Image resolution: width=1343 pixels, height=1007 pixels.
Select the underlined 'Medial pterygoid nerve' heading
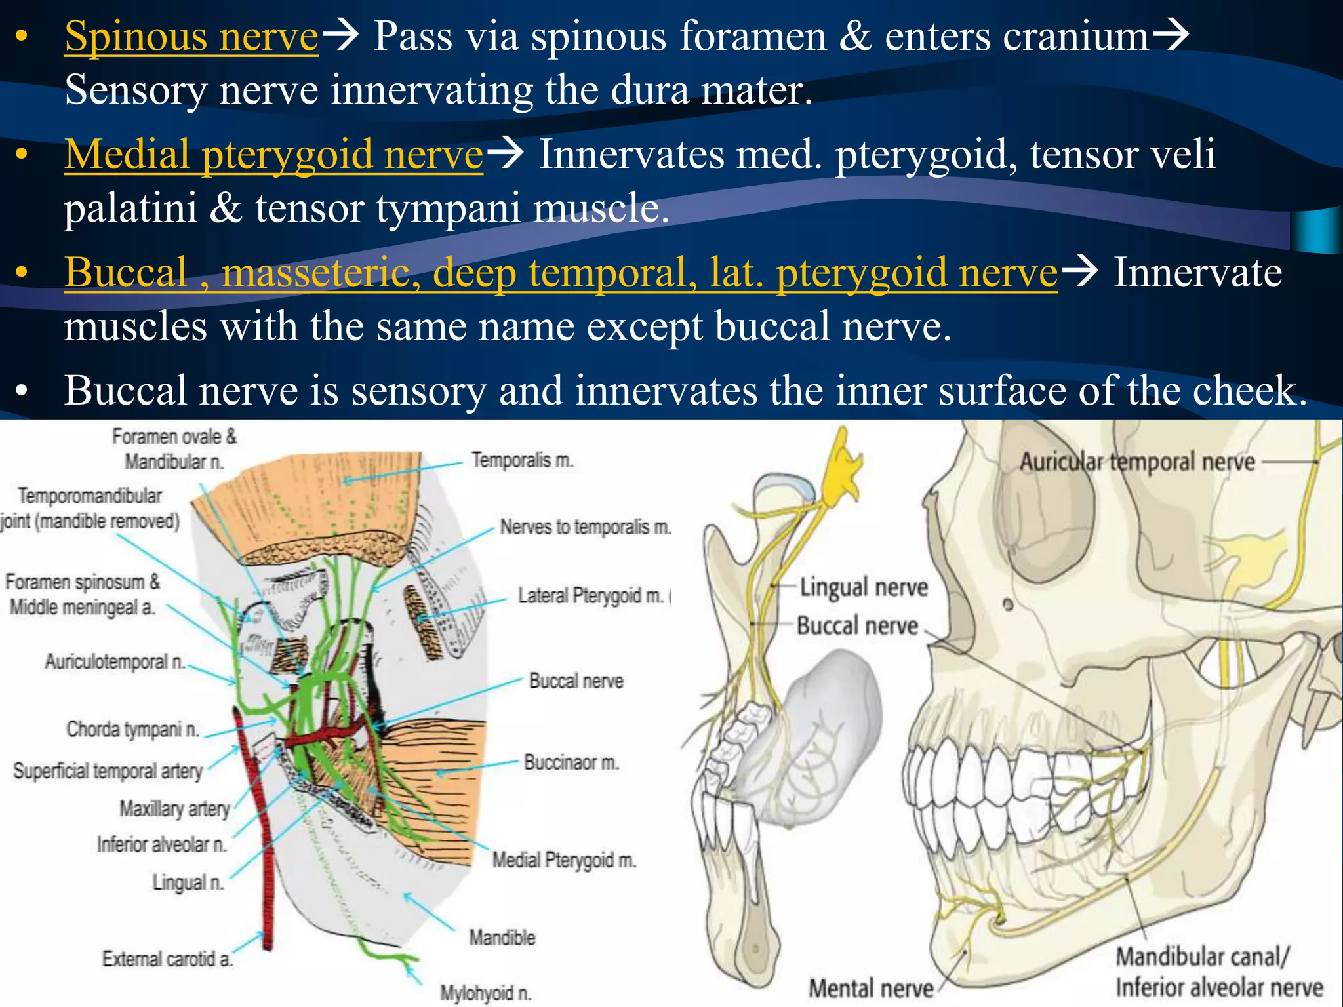(x=273, y=155)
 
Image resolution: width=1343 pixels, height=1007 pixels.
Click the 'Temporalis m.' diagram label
(x=523, y=460)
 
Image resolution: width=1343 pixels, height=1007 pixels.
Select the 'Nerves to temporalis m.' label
(x=586, y=526)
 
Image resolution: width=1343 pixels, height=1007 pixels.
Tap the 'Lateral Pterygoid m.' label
(x=591, y=595)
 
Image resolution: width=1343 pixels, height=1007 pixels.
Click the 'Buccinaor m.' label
(x=571, y=762)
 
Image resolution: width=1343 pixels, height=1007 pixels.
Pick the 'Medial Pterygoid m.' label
(x=564, y=860)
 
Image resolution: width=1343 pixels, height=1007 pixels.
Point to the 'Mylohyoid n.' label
(x=485, y=993)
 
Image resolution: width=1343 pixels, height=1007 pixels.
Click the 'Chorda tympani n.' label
(x=132, y=729)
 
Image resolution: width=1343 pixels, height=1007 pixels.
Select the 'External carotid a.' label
(x=167, y=959)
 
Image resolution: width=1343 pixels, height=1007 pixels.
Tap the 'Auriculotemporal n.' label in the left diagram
(x=115, y=661)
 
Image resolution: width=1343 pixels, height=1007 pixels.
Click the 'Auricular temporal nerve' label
(x=1136, y=462)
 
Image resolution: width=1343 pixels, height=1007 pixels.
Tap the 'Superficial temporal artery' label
(x=108, y=771)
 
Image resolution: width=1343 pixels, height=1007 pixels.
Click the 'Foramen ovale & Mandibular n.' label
(x=174, y=449)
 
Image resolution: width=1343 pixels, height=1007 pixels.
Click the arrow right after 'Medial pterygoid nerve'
(x=506, y=154)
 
